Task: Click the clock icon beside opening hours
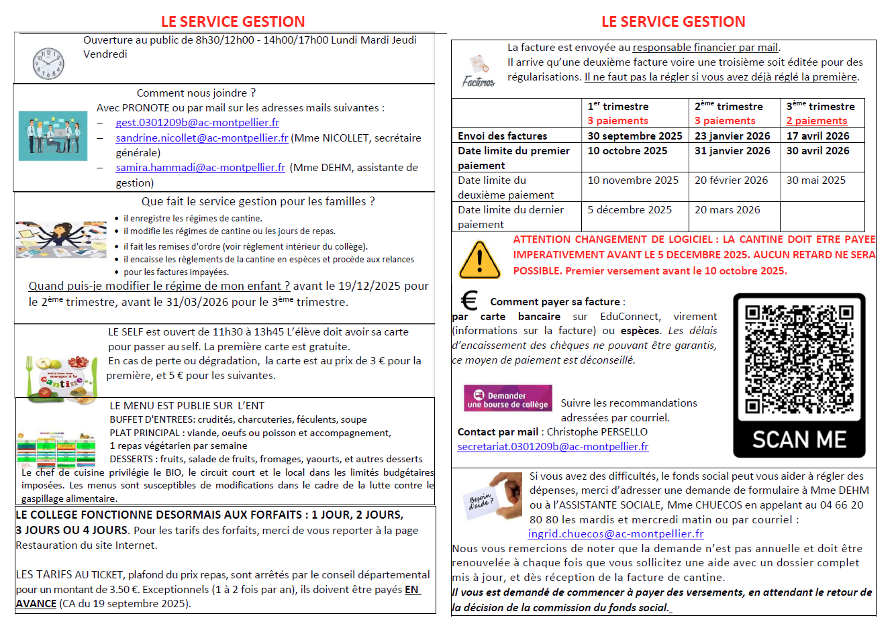tap(48, 64)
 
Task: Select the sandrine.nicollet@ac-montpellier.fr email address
tap(201, 138)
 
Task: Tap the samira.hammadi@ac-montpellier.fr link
tap(200, 168)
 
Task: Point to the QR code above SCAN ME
tap(799, 360)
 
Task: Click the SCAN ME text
tap(799, 439)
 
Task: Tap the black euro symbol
tap(469, 300)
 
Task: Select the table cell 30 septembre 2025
tap(634, 136)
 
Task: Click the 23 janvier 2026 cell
tap(732, 136)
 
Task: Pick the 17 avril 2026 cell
tap(817, 136)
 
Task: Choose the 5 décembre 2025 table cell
tap(630, 210)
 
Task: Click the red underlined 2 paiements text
tap(816, 121)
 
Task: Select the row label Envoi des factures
tap(502, 136)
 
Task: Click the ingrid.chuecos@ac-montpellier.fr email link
tap(615, 534)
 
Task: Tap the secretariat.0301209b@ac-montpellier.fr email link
tap(552, 447)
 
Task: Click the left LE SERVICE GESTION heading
tap(233, 22)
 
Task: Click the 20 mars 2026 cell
tap(727, 210)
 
